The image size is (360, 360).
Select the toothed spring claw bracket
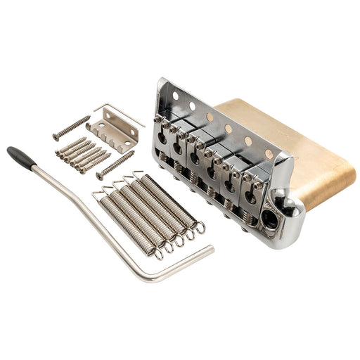coord(112,134)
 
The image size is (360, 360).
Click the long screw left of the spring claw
coord(71,127)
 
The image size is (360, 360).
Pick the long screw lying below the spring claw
coord(115,165)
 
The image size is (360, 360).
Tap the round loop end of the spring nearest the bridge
coord(199,227)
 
